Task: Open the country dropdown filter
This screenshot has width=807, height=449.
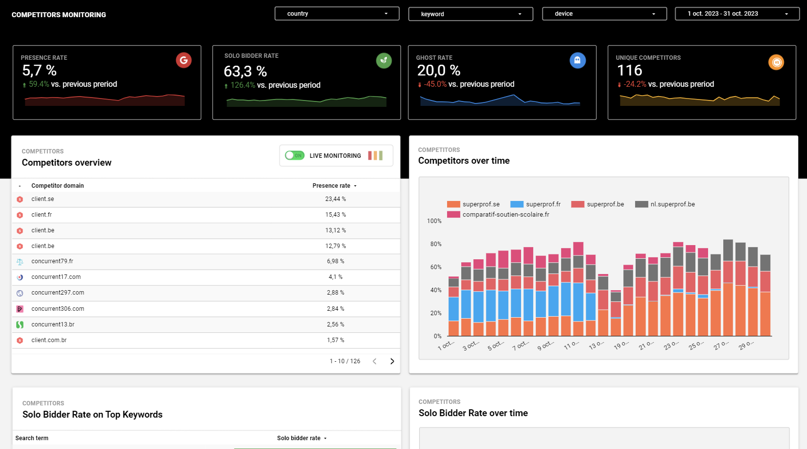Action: pyautogui.click(x=337, y=14)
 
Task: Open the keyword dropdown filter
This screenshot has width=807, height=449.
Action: pyautogui.click(x=471, y=14)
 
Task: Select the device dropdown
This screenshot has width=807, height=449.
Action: pyautogui.click(x=604, y=14)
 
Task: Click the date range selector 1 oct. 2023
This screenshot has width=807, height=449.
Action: pyautogui.click(x=737, y=14)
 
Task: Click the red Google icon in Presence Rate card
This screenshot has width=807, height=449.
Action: pyautogui.click(x=184, y=60)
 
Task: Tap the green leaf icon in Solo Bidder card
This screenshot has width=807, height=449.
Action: pyautogui.click(x=384, y=60)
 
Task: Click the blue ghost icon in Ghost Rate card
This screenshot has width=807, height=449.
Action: pyautogui.click(x=577, y=60)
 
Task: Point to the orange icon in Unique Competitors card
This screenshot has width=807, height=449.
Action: pyautogui.click(x=776, y=62)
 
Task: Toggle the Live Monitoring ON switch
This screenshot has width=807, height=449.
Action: pyautogui.click(x=295, y=155)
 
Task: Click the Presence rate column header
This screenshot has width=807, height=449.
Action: pyautogui.click(x=332, y=186)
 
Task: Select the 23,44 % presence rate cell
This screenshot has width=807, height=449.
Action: pyautogui.click(x=335, y=199)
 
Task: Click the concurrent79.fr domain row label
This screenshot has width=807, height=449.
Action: pyautogui.click(x=52, y=261)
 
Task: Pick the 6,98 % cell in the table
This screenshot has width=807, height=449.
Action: pyautogui.click(x=335, y=261)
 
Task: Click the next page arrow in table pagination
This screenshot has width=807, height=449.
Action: pyautogui.click(x=392, y=361)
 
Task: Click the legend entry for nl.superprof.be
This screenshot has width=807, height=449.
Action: pyautogui.click(x=672, y=204)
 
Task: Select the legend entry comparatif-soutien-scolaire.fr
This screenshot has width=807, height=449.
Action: pyautogui.click(x=505, y=215)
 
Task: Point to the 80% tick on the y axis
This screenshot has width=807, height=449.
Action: pyautogui.click(x=435, y=244)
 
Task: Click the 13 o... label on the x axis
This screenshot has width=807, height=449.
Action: pyautogui.click(x=596, y=346)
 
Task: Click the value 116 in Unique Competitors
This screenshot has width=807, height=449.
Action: pyautogui.click(x=629, y=71)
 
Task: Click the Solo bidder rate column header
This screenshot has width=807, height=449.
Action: pyautogui.click(x=299, y=438)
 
